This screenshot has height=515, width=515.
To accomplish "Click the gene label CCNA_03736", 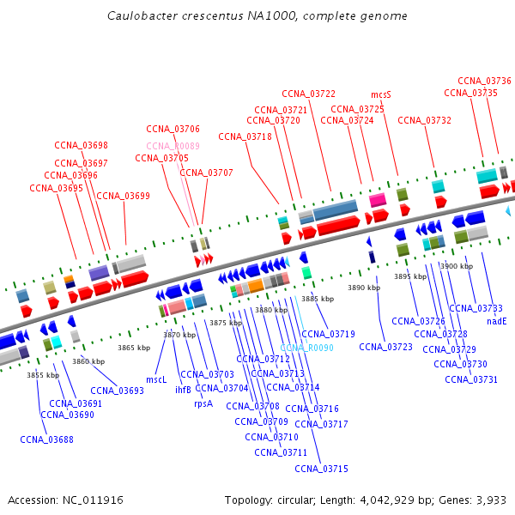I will [484, 81].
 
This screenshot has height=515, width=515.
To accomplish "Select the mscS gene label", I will [381, 94].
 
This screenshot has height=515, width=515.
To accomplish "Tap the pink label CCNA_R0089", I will [173, 146].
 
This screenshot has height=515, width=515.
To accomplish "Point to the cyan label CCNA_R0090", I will [306, 348].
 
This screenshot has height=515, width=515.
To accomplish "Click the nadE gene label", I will [497, 321].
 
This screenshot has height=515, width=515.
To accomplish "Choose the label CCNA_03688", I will [47, 439].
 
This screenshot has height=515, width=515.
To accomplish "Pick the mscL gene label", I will [156, 379].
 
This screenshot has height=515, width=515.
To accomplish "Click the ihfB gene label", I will [183, 390].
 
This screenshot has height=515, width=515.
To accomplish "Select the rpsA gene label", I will [203, 403].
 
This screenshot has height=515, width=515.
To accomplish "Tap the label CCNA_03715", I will [321, 469].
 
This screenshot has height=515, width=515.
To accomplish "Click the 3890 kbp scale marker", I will [363, 288].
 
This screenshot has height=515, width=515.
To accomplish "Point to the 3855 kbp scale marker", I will [43, 375].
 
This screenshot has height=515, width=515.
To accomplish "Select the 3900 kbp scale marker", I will [456, 266].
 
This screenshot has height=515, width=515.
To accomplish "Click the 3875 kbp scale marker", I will [226, 323].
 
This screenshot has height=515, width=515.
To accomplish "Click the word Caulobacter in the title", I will [142, 16].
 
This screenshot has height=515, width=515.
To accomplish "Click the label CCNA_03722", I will [308, 94].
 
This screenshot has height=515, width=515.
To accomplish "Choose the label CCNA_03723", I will [385, 347].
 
